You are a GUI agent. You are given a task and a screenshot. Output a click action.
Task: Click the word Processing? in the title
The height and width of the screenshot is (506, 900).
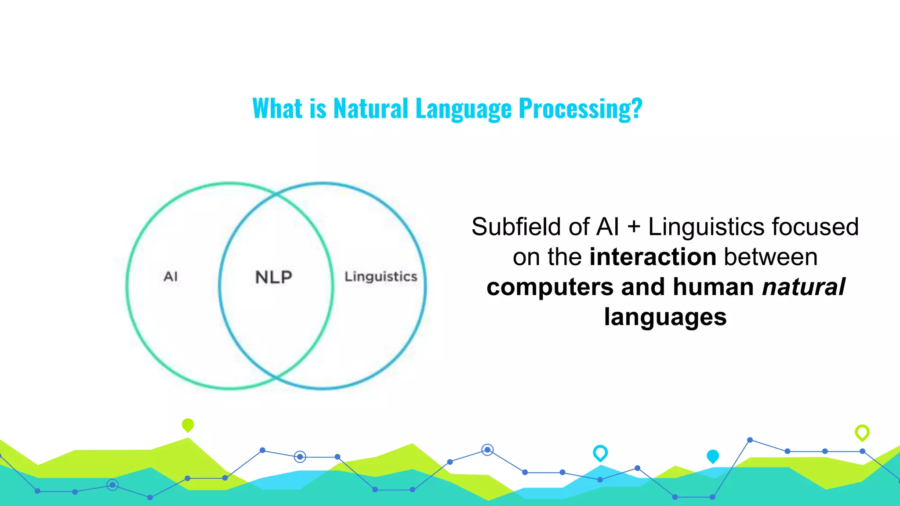(x=580, y=108)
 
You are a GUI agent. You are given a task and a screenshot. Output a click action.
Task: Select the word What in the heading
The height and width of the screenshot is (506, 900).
(x=277, y=108)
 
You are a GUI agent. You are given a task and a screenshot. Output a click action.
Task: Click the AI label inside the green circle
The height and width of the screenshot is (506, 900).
(x=171, y=277)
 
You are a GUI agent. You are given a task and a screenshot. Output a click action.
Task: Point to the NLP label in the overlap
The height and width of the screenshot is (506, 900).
(x=273, y=277)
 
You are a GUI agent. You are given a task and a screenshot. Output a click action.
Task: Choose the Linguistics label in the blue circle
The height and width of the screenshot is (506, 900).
(x=381, y=277)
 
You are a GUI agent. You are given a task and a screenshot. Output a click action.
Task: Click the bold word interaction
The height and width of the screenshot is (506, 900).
(x=653, y=257)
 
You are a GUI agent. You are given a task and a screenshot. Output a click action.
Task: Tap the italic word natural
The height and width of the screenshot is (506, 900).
(x=803, y=287)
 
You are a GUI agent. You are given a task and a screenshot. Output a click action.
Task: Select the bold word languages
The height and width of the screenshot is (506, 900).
(x=665, y=317)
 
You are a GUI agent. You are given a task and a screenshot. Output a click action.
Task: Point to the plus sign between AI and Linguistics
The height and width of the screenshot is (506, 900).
(x=633, y=228)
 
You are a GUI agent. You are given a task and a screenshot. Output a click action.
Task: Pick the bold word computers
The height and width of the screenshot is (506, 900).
(x=550, y=287)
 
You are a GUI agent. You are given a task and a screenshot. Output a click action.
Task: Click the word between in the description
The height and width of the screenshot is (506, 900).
(x=770, y=257)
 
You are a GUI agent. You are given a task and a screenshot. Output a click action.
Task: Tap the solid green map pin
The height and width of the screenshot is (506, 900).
(x=188, y=425)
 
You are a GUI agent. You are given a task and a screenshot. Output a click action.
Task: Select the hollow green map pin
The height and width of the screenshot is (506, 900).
(x=862, y=432)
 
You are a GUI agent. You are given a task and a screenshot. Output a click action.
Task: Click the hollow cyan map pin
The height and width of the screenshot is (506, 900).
(x=600, y=452)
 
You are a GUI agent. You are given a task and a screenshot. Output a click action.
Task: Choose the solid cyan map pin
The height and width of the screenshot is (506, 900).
(x=712, y=456)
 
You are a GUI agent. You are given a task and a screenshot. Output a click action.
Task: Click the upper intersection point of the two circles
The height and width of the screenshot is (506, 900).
(x=276, y=193)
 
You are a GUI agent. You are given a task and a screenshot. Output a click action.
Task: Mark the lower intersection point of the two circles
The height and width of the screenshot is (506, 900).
(x=276, y=377)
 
